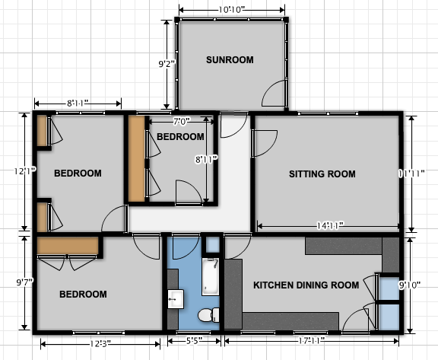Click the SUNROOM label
[230, 60]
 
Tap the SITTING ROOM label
[322, 174]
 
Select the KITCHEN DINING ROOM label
[306, 285]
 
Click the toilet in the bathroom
[209, 315]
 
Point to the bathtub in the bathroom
[211, 277]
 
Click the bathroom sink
[176, 299]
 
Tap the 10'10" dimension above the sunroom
[232, 10]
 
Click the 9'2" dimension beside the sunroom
[167, 64]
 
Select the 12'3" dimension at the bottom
[100, 343]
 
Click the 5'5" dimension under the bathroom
[194, 341]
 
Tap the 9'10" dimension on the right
[410, 285]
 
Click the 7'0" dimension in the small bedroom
[181, 122]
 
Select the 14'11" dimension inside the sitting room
[329, 225]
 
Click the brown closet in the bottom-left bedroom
[68, 246]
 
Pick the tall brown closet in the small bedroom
[137, 159]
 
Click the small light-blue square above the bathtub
[213, 244]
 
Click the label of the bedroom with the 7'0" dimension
[180, 137]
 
